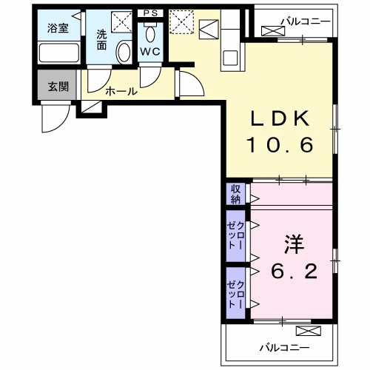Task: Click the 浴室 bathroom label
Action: point(58,29)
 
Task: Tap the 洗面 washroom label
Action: point(103,38)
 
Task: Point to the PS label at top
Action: point(150,13)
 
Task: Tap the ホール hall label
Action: point(121,92)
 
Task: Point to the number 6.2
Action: point(293,272)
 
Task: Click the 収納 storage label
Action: point(236,194)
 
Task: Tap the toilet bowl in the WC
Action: point(150,35)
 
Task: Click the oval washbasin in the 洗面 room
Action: point(124,53)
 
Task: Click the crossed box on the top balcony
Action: point(272,31)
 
